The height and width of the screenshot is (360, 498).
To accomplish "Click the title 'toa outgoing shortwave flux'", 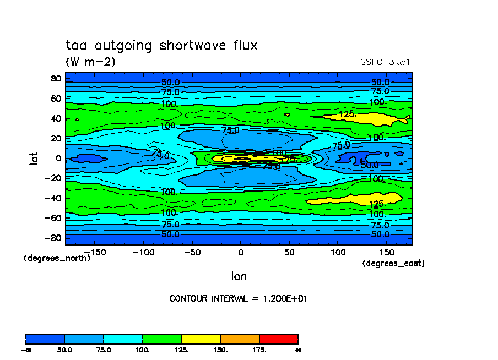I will click(x=161, y=45).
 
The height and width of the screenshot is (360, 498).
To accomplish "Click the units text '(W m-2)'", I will click(x=90, y=62).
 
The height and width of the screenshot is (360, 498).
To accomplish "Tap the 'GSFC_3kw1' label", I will click(x=385, y=62).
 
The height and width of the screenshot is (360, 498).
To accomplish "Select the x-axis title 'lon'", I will click(x=239, y=276).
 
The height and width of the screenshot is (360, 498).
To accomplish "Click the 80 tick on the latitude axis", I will click(x=55, y=78).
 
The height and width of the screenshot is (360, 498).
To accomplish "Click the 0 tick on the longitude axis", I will click(x=240, y=252).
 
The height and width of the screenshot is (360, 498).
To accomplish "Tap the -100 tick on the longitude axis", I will click(x=141, y=252).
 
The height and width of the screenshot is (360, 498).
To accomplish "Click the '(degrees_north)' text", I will click(x=57, y=258).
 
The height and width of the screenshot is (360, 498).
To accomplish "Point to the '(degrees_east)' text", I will click(x=393, y=264).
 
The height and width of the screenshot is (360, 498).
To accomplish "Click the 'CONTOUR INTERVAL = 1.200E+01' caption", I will click(x=242, y=298).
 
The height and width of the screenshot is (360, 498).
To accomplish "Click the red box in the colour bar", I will click(x=279, y=339).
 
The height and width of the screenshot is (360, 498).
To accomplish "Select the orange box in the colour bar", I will click(x=240, y=339).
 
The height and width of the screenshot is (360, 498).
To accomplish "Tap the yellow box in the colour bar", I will click(x=201, y=339).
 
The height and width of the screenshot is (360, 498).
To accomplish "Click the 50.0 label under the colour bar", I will click(x=64, y=350).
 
